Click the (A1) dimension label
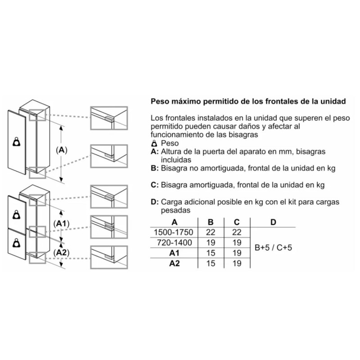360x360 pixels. click(60, 224)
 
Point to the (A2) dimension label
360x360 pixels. click(60, 253)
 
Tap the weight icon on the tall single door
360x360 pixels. click(17, 142)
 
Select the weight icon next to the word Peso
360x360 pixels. click(153, 143)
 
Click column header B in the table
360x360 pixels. click(210, 222)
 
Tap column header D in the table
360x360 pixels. click(273, 222)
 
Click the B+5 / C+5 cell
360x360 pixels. click(273, 248)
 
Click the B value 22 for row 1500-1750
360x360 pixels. click(210, 232)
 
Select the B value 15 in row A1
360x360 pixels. click(210, 253)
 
